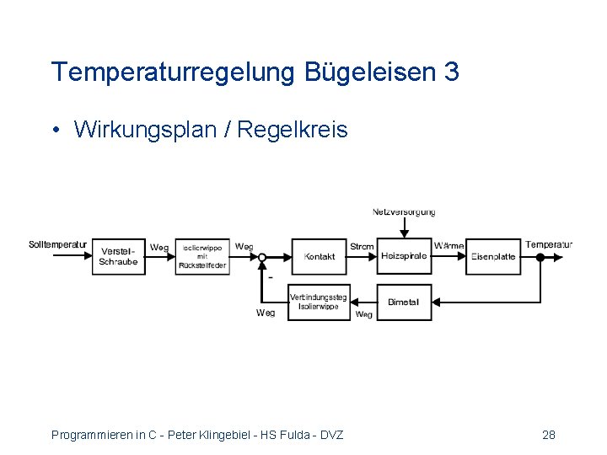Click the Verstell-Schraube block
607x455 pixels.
pos(118,256)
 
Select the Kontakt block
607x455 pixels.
pos(320,256)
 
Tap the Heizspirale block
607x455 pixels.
pos(404,256)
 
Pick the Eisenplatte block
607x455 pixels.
pos(493,256)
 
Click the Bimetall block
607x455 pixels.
pos(403,302)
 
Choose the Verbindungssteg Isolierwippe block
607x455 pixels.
pos(318,302)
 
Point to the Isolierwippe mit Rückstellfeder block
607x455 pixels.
pos(201,256)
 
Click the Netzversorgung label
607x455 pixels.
pos(404,212)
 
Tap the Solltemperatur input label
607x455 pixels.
pos(57,245)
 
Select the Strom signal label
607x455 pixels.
pos(362,246)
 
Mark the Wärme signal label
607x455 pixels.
pos(449,246)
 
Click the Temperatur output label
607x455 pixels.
pos(549,245)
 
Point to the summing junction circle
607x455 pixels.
pos(262,257)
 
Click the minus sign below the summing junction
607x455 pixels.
pos(270,276)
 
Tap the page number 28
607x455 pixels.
pos(548,435)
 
